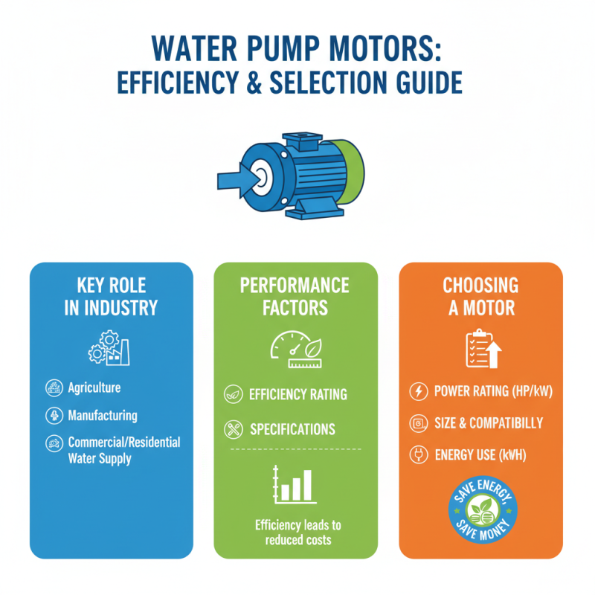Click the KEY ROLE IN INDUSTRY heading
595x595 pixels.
tap(110, 297)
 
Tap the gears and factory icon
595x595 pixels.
tap(109, 347)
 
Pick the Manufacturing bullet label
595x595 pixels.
tap(103, 415)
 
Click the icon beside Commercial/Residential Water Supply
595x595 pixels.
tap(54, 443)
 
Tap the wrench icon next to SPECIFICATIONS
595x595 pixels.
tap(231, 429)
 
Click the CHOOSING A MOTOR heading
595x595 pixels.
tap(480, 297)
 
